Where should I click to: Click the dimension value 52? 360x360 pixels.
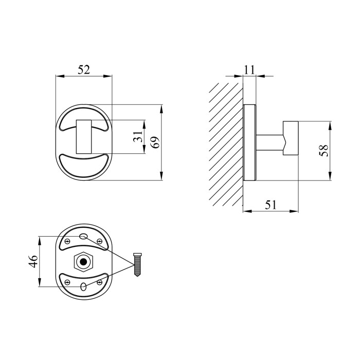coord(83,69)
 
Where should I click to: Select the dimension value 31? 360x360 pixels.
coord(138,136)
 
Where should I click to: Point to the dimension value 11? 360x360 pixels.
coord(249,70)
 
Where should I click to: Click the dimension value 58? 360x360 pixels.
coord(323,150)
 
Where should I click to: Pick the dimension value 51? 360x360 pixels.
coord(271,205)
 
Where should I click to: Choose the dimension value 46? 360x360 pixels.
coord(33,261)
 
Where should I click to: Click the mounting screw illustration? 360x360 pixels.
coord(137,265)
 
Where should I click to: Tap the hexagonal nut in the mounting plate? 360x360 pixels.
coord(83,262)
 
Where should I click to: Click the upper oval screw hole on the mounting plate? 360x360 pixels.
coord(83,236)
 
